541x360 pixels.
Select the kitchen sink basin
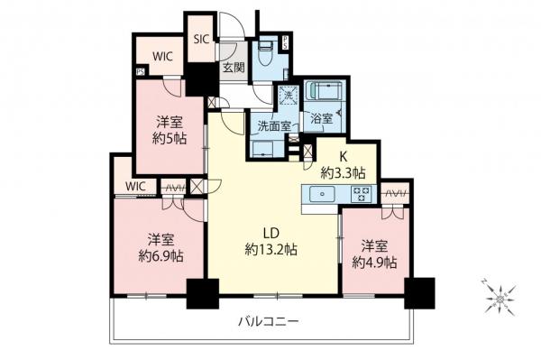pyautogui.click(x=321, y=195)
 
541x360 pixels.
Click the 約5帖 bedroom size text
pyautogui.click(x=169, y=139)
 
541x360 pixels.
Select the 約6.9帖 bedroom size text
pyautogui.click(x=161, y=255)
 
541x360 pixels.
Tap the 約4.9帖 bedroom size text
pyautogui.click(x=374, y=263)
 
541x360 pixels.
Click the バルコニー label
pyautogui.click(x=269, y=320)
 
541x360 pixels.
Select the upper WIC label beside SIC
pyautogui.click(x=162, y=56)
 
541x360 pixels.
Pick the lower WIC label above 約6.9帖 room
pyautogui.click(x=135, y=186)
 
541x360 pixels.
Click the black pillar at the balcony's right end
pyautogui.click(x=419, y=291)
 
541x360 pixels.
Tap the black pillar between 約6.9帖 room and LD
pyautogui.click(x=202, y=292)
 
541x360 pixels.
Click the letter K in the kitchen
pyautogui.click(x=344, y=154)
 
